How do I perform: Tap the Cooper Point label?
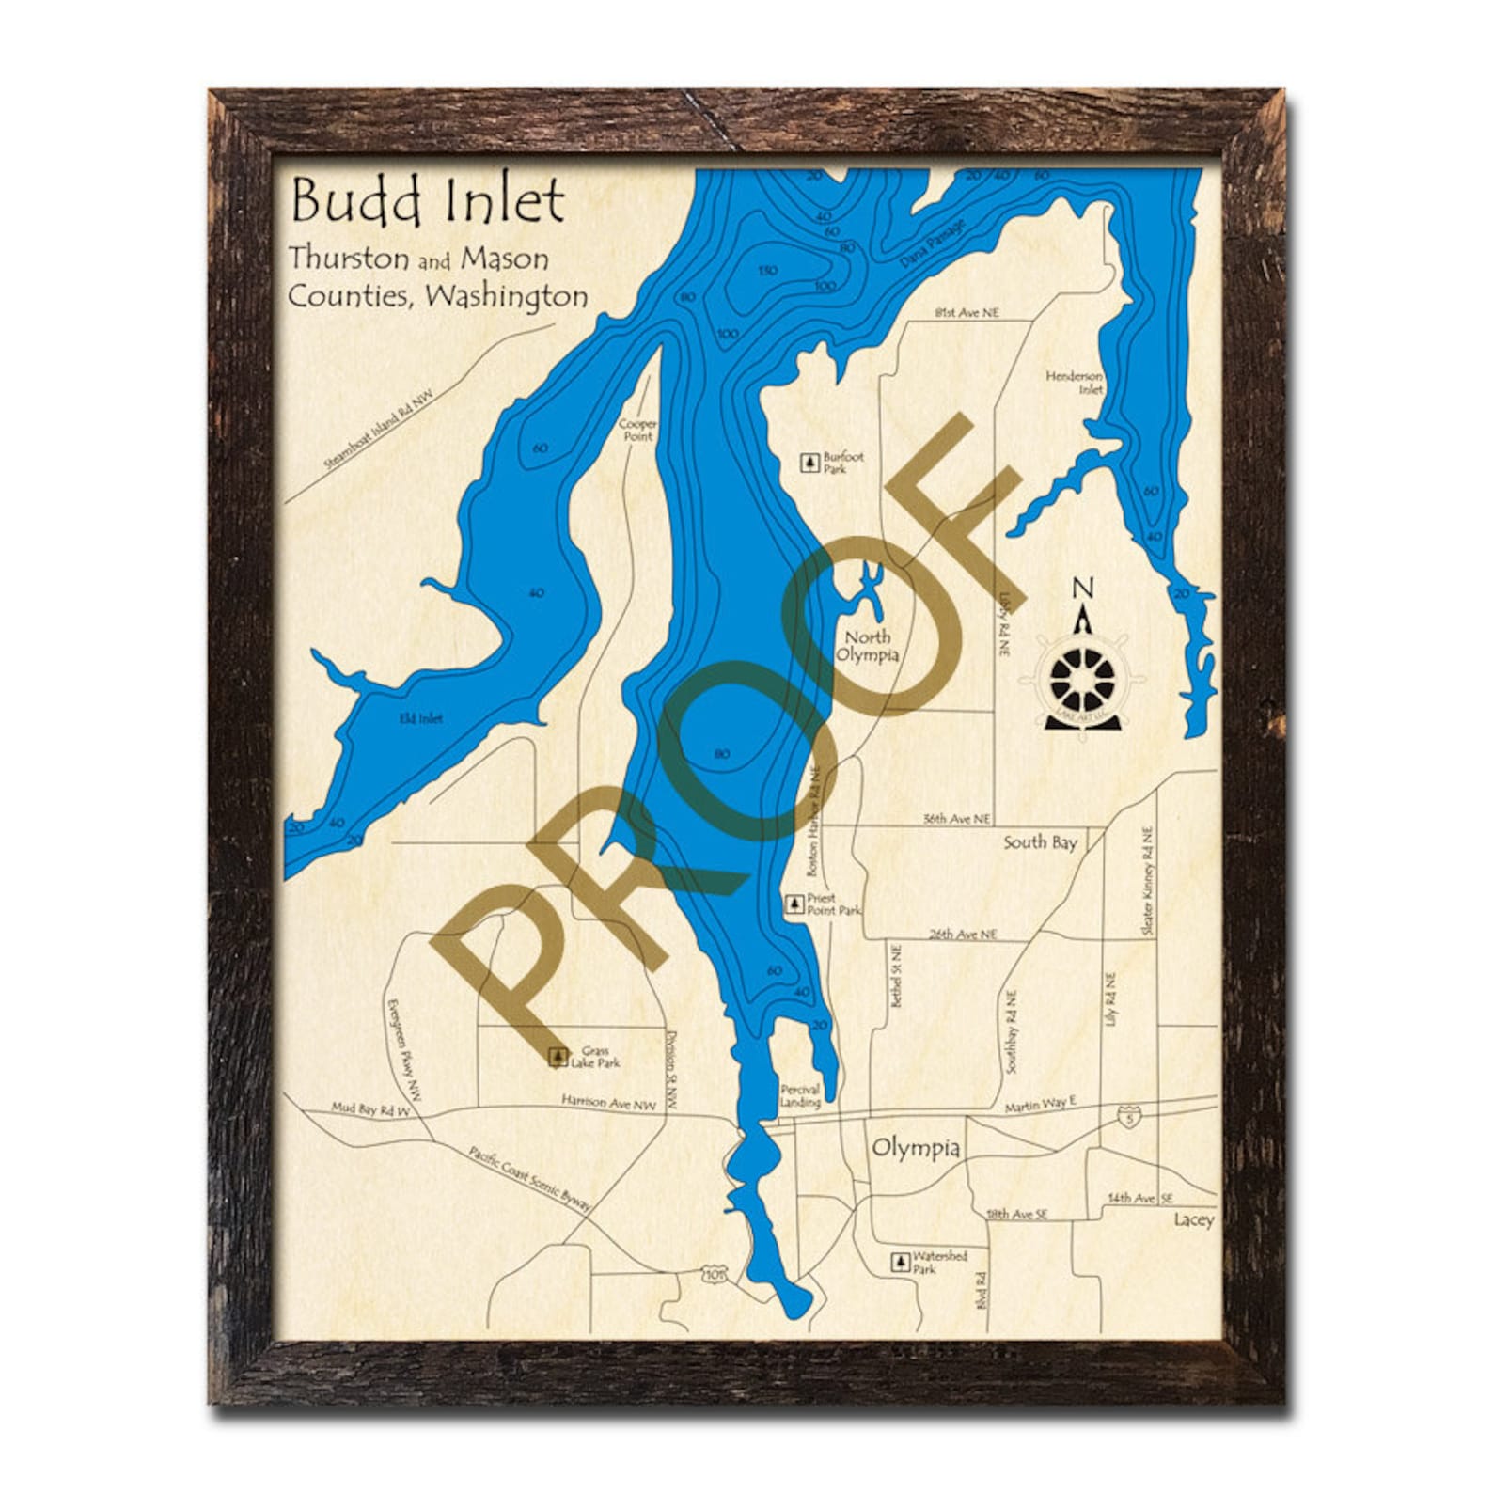tap(637, 430)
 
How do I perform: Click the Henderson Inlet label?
tap(1076, 383)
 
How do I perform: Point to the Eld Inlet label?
tap(420, 718)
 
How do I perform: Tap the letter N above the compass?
tap(1083, 589)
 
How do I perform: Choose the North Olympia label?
tap(867, 646)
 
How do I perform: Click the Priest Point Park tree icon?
tap(794, 904)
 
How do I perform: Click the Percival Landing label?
tap(800, 1096)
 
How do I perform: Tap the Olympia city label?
tap(916, 1148)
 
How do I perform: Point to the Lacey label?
tap(1193, 1219)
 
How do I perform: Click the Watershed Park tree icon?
tap(900, 1262)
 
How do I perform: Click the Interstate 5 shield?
tap(1125, 1118)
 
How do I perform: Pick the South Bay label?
tap(1039, 842)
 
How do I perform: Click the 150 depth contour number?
tap(767, 271)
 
